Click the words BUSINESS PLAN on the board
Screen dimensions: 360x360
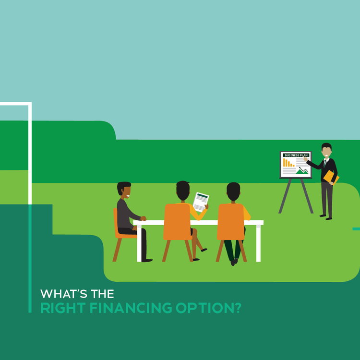(296, 155)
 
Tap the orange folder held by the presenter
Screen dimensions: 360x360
(331, 177)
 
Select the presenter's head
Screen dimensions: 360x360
(326, 150)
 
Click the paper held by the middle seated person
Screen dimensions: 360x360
(201, 202)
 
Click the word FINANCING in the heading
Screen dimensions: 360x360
(131, 308)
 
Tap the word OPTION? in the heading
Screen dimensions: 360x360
(208, 308)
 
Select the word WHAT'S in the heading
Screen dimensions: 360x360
(64, 294)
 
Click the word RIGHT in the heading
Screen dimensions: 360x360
(63, 308)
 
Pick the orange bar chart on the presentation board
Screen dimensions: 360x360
(288, 163)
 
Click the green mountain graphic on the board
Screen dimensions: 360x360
(302, 171)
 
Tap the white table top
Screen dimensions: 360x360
(198, 222)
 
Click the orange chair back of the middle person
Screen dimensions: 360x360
(178, 222)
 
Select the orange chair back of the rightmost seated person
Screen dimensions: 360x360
(231, 222)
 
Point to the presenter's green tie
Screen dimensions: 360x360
(325, 164)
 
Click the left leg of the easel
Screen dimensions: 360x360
(285, 196)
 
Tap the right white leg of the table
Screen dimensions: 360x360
(259, 243)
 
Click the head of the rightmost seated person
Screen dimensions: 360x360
(233, 192)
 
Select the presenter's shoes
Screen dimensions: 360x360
(326, 217)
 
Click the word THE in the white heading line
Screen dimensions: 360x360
(102, 294)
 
